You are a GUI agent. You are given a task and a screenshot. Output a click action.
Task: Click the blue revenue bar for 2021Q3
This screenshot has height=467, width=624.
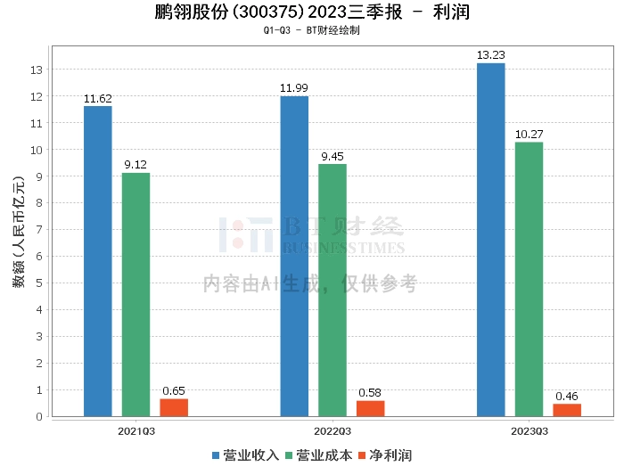tap(98, 261)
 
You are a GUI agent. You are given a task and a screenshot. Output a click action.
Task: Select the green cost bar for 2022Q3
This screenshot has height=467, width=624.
tap(333, 291)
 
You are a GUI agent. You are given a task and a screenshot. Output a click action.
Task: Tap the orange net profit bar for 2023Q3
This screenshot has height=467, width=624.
tap(567, 410)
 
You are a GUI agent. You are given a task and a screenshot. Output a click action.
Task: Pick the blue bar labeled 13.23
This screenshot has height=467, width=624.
tap(490, 240)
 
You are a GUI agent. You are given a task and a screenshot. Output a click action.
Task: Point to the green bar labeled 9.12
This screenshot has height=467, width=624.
tap(135, 295)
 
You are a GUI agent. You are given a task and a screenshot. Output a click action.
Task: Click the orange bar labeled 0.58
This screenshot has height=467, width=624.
tap(370, 408)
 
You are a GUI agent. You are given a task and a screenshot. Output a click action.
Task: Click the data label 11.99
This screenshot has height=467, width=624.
tap(293, 88)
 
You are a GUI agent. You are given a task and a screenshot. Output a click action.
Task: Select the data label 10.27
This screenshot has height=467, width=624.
tap(529, 134)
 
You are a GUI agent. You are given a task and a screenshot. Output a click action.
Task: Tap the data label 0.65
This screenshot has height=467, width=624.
tap(174, 390)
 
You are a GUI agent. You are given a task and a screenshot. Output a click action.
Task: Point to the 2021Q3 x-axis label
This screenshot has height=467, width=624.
tap(136, 431)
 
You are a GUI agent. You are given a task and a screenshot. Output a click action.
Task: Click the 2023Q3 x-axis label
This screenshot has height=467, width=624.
tap(530, 431)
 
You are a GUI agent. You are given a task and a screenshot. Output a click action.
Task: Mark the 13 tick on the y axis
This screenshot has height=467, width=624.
tap(37, 70)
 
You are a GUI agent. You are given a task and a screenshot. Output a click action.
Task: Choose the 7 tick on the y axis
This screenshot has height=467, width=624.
tap(39, 230)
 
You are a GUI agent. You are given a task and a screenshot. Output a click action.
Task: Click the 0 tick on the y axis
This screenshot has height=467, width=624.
tap(39, 416)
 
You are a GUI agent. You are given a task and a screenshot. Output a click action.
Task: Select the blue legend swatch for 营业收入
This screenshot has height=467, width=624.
tap(216, 455)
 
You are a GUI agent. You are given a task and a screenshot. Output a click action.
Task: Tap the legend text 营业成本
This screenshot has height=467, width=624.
tap(324, 455)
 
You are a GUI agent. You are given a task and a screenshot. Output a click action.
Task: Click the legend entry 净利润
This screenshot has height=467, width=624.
tap(385, 455)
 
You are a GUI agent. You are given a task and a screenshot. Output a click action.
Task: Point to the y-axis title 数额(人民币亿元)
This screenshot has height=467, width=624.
tap(19, 232)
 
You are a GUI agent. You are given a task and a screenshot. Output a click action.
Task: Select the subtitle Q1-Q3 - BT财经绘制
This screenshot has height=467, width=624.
tap(312, 30)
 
